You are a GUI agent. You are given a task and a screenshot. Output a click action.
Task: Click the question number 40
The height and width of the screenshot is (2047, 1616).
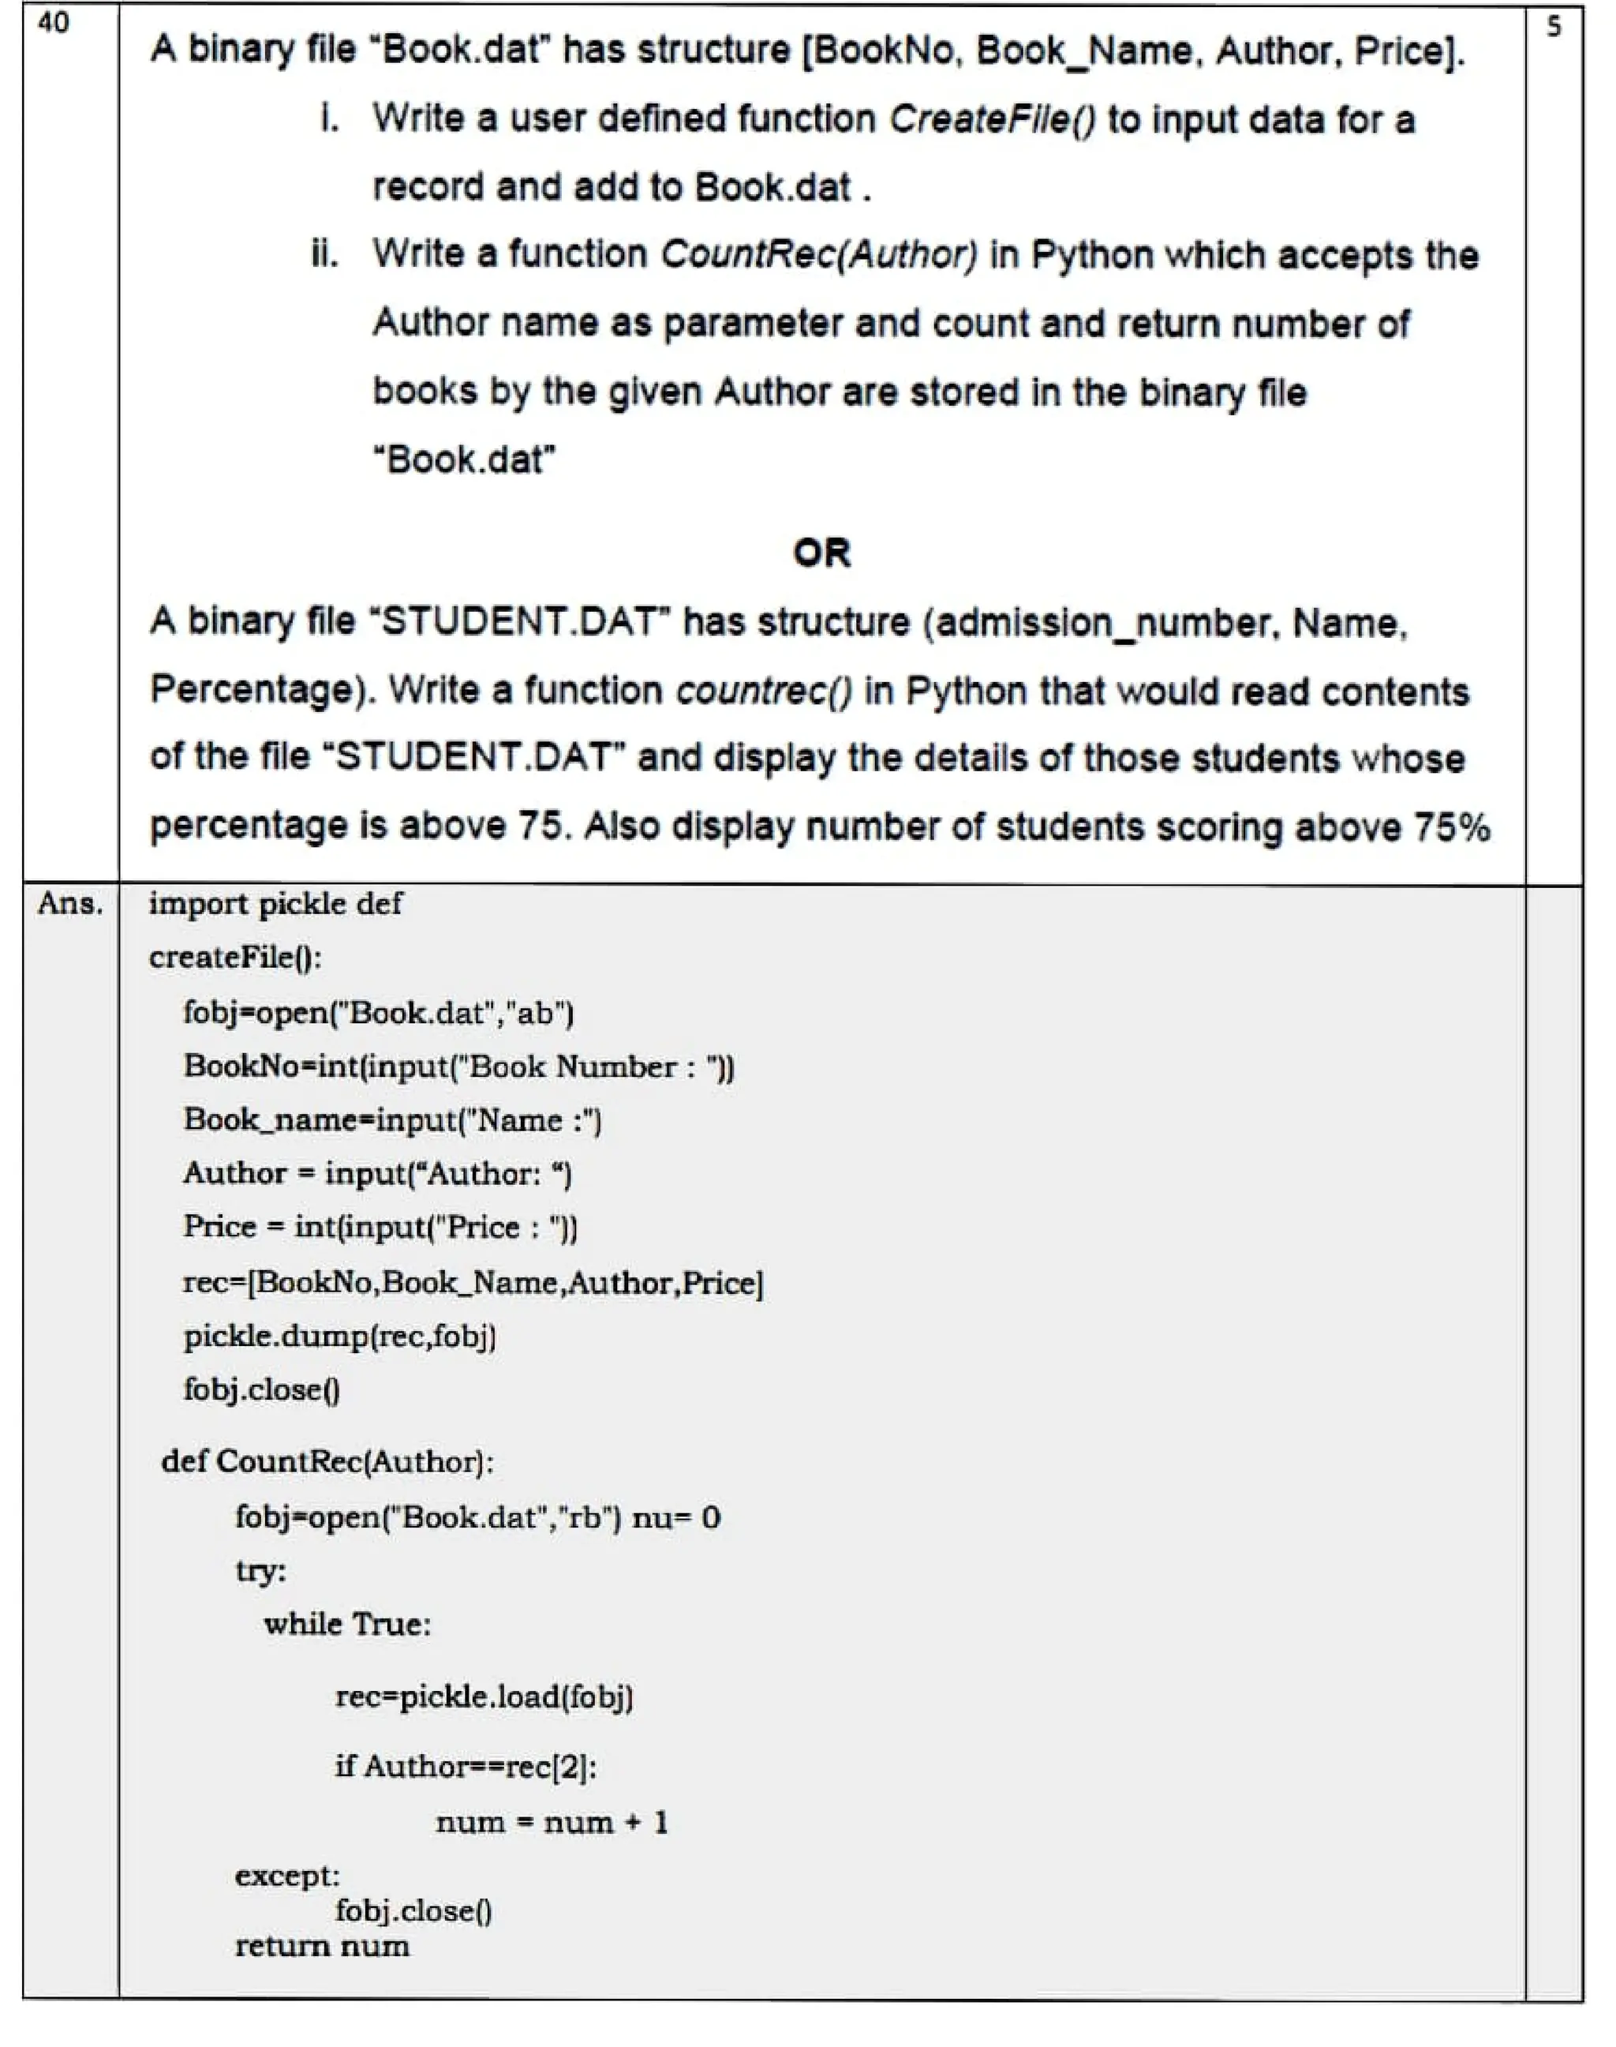pos(53,23)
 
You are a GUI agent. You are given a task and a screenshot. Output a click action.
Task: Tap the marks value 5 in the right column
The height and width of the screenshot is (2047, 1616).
pos(1554,28)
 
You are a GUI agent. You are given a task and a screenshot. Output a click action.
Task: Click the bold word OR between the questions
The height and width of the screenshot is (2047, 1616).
pos(821,553)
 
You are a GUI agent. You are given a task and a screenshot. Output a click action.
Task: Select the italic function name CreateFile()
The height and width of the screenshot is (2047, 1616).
pos(992,119)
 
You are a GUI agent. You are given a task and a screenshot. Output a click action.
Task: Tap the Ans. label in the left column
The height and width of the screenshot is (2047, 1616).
pos(70,904)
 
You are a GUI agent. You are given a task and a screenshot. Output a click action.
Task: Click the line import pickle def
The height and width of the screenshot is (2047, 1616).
pos(275,904)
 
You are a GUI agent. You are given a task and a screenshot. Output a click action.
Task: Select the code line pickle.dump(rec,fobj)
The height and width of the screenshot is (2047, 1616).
pos(339,1337)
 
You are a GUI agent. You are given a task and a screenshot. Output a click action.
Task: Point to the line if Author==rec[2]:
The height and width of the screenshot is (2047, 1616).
pos(466,1766)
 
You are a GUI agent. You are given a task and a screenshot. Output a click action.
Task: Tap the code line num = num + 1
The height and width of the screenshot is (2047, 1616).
pos(552,1822)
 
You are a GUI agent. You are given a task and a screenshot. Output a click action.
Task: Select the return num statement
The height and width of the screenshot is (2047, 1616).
pos(322,1946)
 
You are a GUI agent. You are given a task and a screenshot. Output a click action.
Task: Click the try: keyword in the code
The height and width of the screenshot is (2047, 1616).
pos(260,1571)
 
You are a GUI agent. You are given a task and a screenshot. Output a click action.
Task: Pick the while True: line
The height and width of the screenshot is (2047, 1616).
pos(347,1624)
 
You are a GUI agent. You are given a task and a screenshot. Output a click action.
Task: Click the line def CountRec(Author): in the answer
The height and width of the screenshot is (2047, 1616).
pos(327,1461)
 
